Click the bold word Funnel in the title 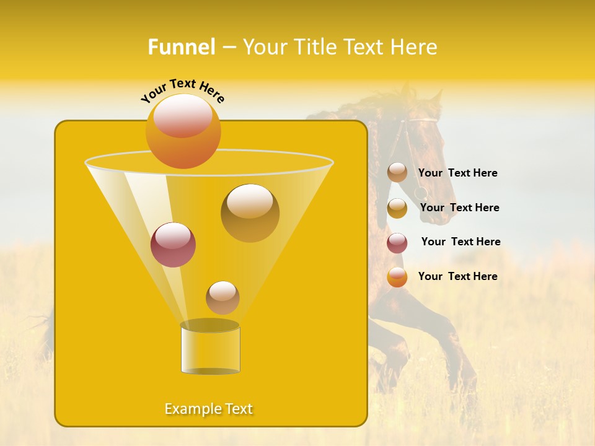tap(181, 47)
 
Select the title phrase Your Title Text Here tap(340, 47)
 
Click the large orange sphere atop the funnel tap(183, 131)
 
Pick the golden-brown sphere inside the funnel tap(250, 213)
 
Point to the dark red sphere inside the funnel tap(173, 245)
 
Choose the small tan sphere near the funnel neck tap(223, 298)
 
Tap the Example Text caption tap(209, 409)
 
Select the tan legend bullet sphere tap(397, 173)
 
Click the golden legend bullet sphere tap(397, 208)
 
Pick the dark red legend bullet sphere tap(397, 243)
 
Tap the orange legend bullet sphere tap(397, 277)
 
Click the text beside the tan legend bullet tap(457, 173)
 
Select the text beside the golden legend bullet tap(459, 208)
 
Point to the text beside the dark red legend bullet tap(461, 242)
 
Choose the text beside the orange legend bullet tap(457, 276)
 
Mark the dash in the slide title tap(228, 47)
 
